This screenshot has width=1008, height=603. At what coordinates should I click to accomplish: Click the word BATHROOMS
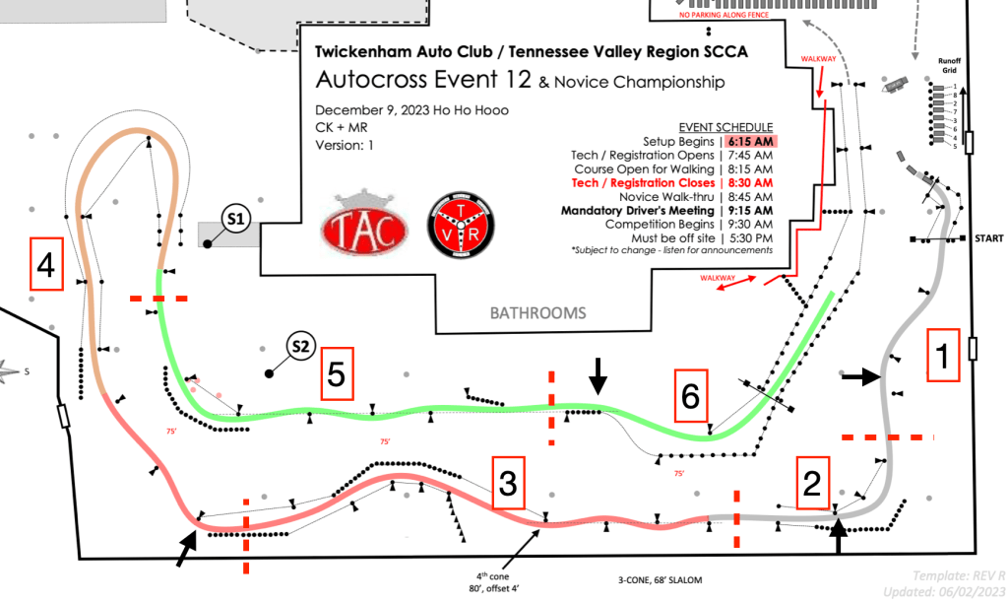coord(538,313)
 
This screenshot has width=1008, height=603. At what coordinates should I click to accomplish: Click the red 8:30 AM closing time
coord(750,182)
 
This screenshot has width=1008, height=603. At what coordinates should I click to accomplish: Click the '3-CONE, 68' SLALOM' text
coord(654,579)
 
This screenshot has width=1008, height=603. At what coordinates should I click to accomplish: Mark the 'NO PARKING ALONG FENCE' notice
coord(726,16)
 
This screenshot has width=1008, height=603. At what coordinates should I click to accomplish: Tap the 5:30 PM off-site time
coord(751,237)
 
